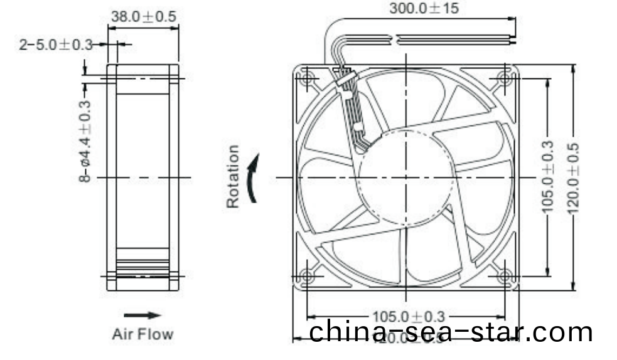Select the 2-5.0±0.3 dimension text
tap(55, 45)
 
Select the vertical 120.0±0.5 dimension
tap(572, 177)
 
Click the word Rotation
tap(233, 176)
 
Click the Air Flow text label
tap(142, 334)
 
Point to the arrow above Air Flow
tap(142, 315)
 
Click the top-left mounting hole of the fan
tap(308, 79)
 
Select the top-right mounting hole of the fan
tap(505, 78)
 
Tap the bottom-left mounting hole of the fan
tap(308, 276)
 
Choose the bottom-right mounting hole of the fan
tap(505, 276)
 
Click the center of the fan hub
tap(406, 177)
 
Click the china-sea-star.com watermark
tap(451, 332)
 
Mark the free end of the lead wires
tap(513, 40)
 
